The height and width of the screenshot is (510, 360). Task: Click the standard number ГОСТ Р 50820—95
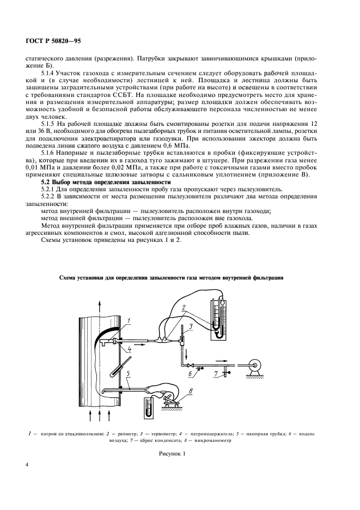[x=52, y=41]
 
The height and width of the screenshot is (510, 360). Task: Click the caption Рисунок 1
[x=172, y=453]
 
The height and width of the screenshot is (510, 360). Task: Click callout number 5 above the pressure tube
[x=127, y=374]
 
